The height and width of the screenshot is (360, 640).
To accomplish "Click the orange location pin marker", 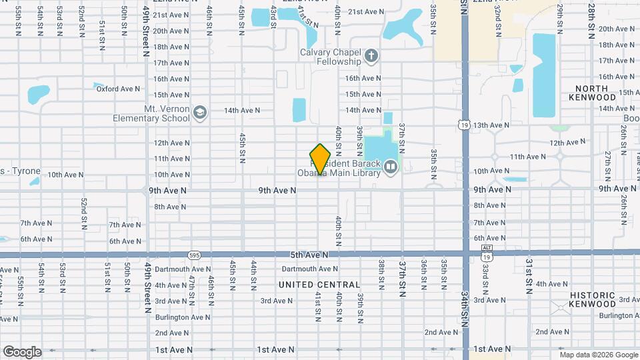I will (320, 159).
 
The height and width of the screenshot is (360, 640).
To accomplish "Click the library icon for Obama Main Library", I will (391, 167).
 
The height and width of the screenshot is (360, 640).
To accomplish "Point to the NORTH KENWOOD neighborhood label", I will (592, 93).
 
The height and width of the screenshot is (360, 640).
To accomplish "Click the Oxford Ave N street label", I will (118, 89).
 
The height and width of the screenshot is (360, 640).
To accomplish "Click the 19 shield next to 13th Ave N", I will (463, 124).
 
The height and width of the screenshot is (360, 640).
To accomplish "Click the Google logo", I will (21, 351).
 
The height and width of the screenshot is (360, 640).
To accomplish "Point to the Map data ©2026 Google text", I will (598, 355).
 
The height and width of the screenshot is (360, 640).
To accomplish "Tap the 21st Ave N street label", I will (367, 11).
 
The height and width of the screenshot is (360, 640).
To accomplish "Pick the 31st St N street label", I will (528, 276).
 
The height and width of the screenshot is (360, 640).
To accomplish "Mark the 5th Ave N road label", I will (309, 255).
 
